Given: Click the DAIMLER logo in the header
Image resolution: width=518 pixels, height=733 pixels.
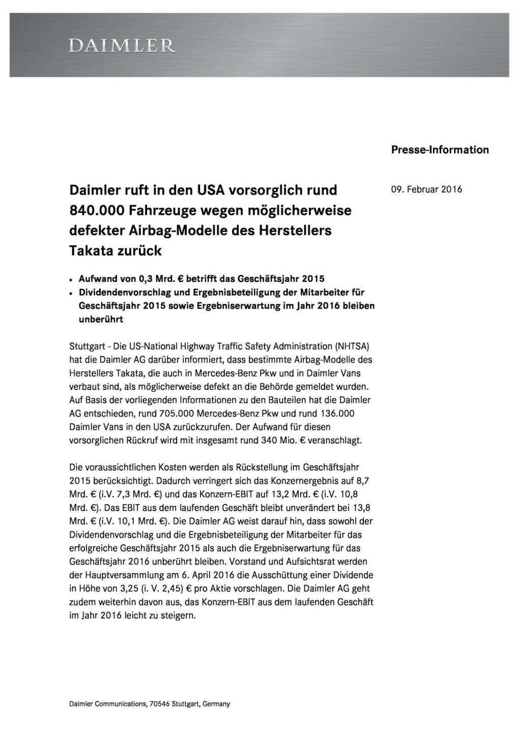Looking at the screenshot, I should [x=123, y=46].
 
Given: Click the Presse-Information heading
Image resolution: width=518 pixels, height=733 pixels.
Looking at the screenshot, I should [x=440, y=150].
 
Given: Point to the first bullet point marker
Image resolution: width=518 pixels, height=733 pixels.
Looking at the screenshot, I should [x=72, y=280].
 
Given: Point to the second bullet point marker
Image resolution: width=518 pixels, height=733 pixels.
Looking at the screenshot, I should [x=72, y=293].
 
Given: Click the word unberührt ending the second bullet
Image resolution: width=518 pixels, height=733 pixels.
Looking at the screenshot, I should [x=101, y=320].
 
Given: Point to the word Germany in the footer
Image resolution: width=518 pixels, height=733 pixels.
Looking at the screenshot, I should [x=216, y=704].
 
